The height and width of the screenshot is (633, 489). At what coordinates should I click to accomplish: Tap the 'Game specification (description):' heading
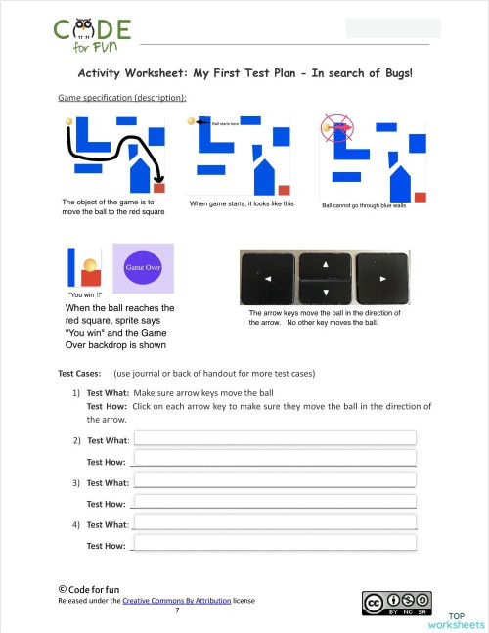pyautogui.click(x=122, y=99)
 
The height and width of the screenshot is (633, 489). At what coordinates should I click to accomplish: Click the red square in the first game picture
pyautogui.click(x=159, y=187)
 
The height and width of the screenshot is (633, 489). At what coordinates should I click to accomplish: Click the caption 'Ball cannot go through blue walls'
pyautogui.click(x=370, y=205)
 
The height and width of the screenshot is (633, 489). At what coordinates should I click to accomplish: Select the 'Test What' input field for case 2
pyautogui.click(x=275, y=438)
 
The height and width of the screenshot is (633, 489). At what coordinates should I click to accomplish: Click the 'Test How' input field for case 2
pyautogui.click(x=275, y=459)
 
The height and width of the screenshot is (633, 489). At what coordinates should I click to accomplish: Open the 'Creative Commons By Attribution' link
pyautogui.click(x=176, y=600)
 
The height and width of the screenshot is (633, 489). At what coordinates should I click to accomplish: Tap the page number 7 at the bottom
pyautogui.click(x=177, y=610)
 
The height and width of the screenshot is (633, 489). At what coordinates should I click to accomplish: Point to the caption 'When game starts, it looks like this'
pyautogui.click(x=242, y=203)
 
